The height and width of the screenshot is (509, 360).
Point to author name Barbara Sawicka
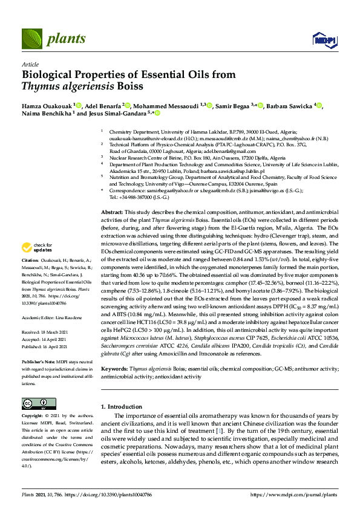(290, 106)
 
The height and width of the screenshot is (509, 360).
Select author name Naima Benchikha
(46, 113)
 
